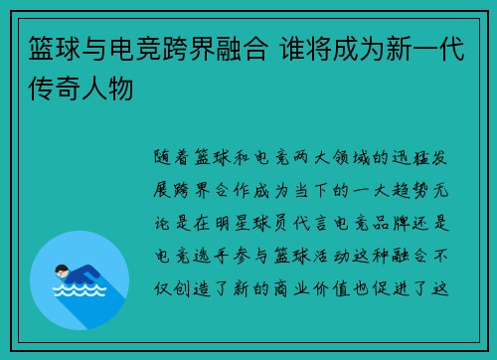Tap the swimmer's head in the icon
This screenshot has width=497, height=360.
tap(61, 271)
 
